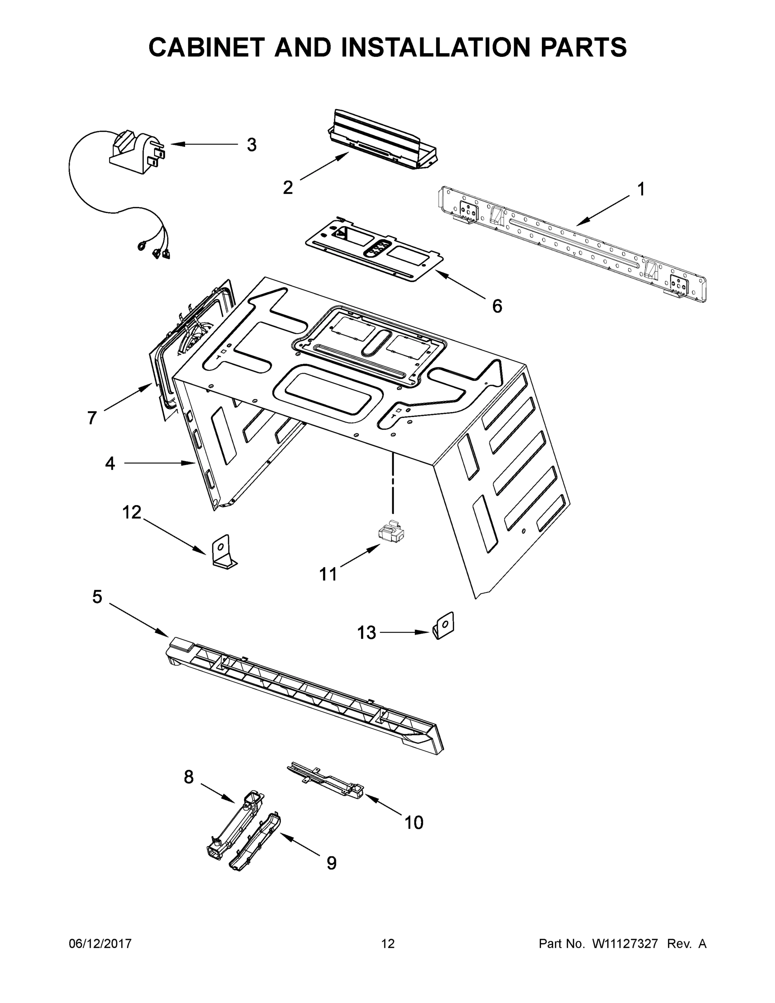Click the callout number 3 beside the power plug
pyautogui.click(x=252, y=145)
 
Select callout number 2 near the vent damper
pyautogui.click(x=288, y=187)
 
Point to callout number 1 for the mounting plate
pyautogui.click(x=641, y=189)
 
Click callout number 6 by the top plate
pyautogui.click(x=497, y=306)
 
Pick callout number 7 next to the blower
pyautogui.click(x=92, y=418)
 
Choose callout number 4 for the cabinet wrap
pyautogui.click(x=110, y=463)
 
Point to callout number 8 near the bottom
pyautogui.click(x=189, y=777)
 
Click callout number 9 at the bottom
pyautogui.click(x=331, y=863)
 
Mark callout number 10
pyautogui.click(x=413, y=822)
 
